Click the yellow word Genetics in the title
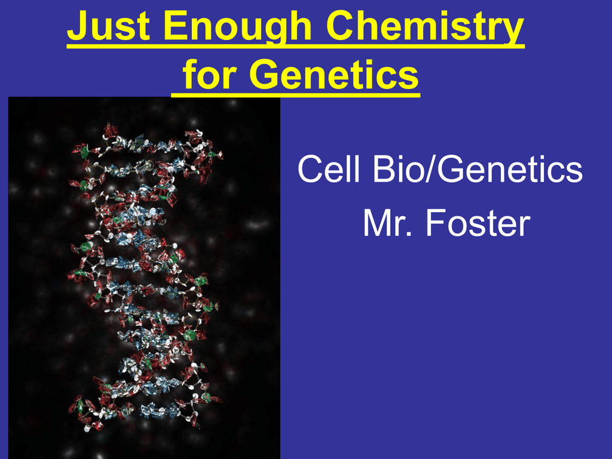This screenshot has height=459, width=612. tap(333, 74)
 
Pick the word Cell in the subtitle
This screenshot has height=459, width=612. tap(329, 169)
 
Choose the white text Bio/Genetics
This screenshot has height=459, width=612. tap(478, 169)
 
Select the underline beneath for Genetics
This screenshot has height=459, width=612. tap(295, 94)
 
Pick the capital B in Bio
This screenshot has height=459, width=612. tap(384, 169)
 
